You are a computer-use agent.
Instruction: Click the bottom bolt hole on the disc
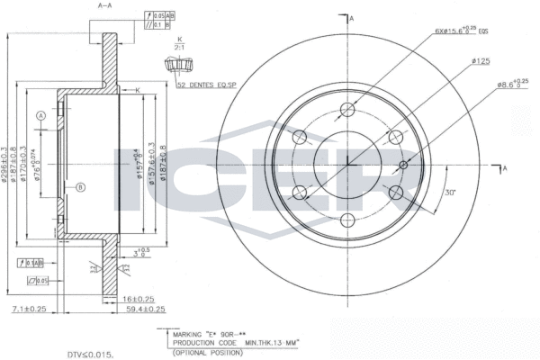pos(347,219)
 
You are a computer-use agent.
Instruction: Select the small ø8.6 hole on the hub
pos(403,165)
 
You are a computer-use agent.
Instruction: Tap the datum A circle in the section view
pos(40,116)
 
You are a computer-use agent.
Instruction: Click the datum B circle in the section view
pos(80,186)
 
